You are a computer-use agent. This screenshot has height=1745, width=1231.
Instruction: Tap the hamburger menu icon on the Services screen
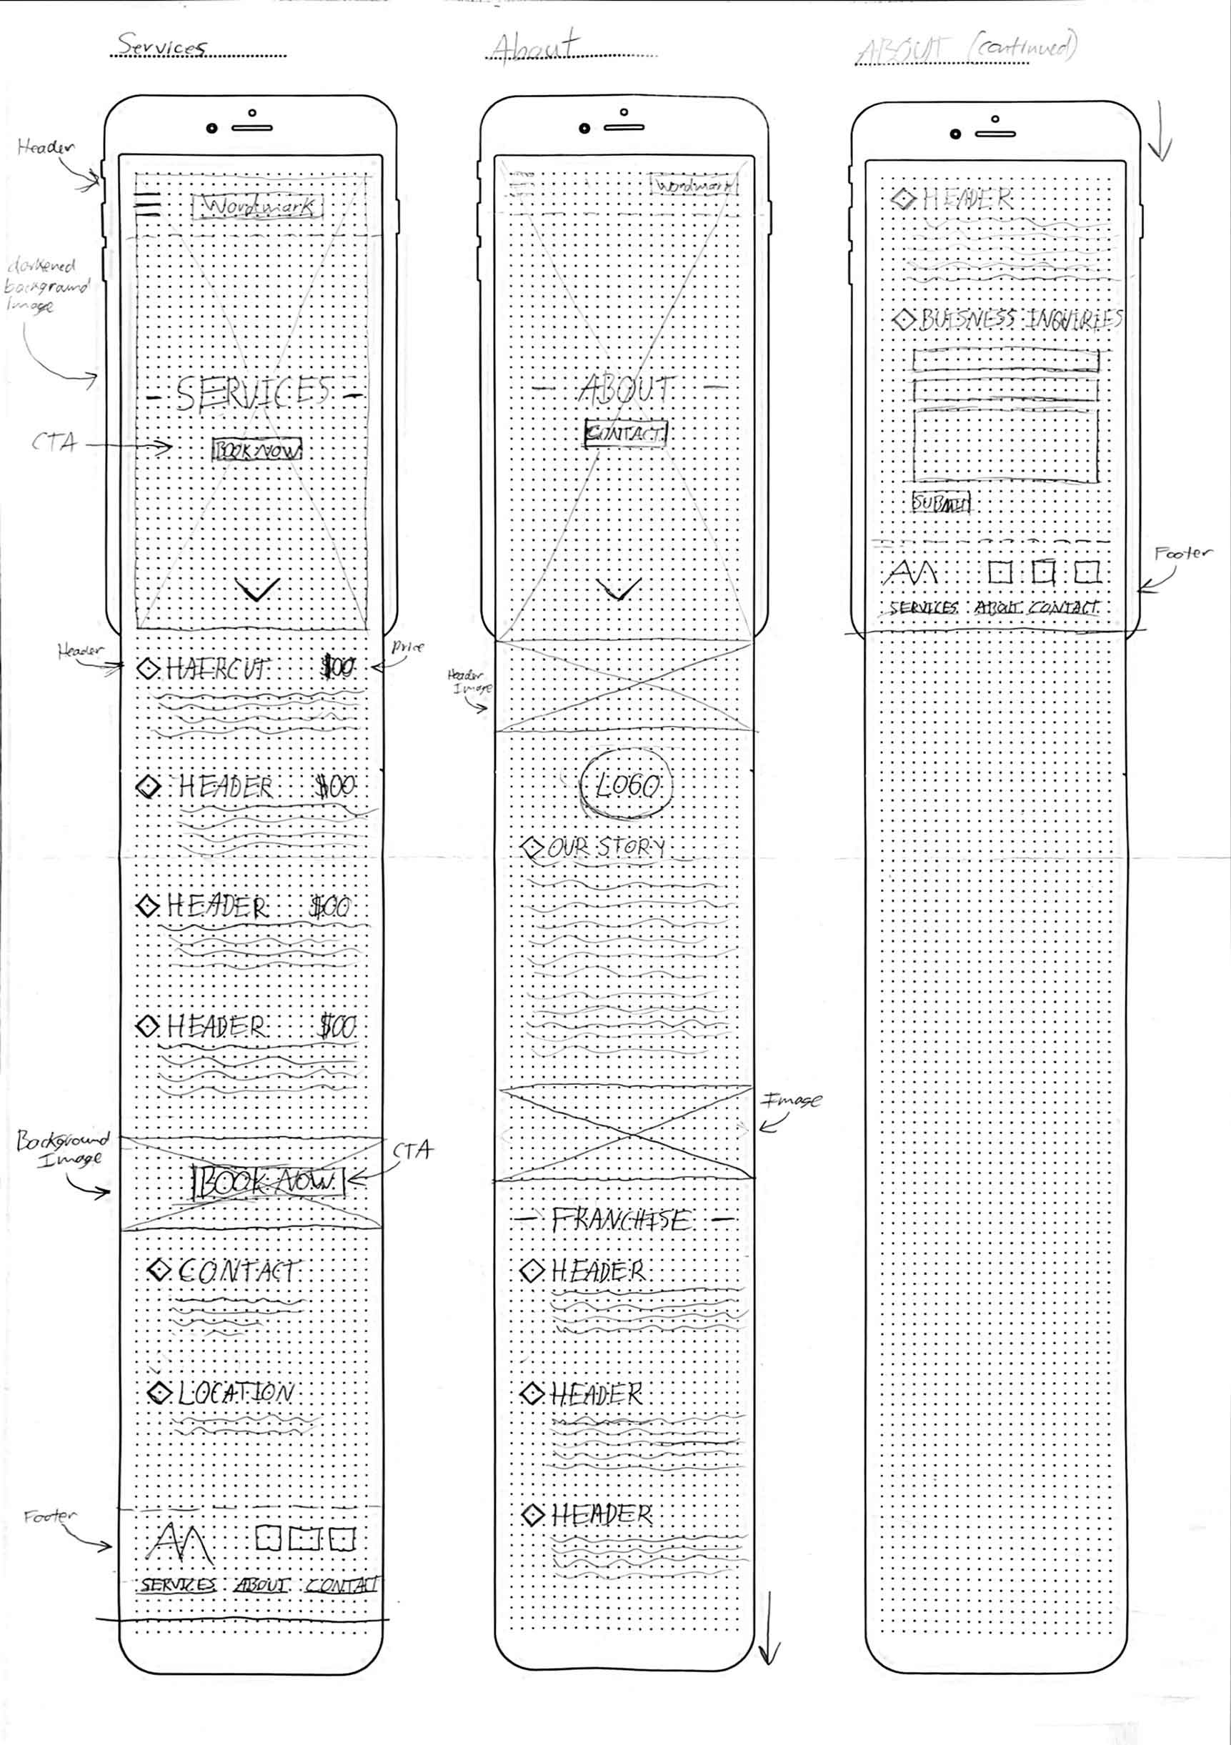(x=147, y=205)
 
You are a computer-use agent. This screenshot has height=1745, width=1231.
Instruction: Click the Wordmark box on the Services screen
(x=258, y=207)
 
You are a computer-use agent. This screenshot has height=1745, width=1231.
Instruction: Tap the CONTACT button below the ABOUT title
(x=625, y=434)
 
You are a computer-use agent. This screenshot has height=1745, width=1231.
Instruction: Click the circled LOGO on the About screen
(x=627, y=786)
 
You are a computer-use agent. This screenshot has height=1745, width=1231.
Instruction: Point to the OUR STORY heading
(x=604, y=847)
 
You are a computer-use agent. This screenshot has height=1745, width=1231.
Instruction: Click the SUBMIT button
(x=941, y=502)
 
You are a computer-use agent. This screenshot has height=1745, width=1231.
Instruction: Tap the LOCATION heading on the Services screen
(x=235, y=1394)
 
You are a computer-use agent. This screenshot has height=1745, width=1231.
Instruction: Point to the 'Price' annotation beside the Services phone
(x=407, y=647)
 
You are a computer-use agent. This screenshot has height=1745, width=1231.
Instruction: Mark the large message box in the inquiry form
(x=1006, y=446)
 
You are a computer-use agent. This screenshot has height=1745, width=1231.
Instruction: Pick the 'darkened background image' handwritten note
(x=46, y=286)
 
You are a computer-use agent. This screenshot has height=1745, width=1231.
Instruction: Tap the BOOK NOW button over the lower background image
(x=267, y=1182)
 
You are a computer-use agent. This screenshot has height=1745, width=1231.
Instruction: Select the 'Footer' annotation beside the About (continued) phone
(x=1182, y=553)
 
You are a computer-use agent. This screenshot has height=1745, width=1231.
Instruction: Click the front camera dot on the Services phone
(x=212, y=128)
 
